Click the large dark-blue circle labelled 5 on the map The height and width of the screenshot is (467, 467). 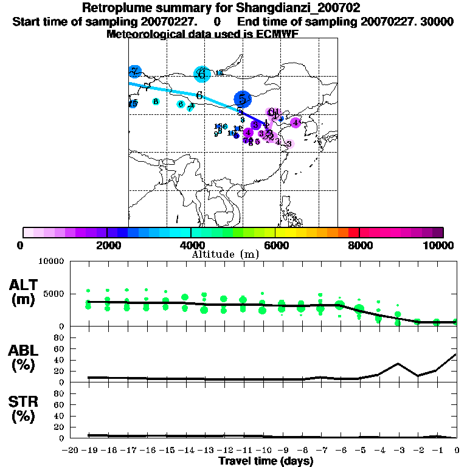(242, 99)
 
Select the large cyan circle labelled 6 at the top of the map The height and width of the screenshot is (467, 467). (201, 74)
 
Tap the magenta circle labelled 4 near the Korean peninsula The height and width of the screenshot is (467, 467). (296, 123)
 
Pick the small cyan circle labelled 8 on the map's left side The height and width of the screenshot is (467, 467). (156, 102)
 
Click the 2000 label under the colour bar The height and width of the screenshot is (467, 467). (107, 245)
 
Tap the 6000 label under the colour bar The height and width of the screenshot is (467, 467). (275, 245)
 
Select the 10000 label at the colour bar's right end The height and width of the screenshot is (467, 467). (439, 245)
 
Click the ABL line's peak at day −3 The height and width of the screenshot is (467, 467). (398, 364)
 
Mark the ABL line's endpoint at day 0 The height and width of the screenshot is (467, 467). (456, 354)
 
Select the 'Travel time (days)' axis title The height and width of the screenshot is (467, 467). (266, 461)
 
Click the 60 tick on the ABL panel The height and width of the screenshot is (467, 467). (60, 348)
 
